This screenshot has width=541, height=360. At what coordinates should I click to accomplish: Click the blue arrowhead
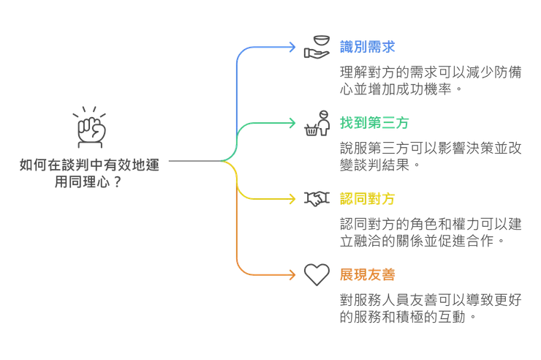pos(293,48)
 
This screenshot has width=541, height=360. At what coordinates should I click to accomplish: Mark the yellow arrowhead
pos(293,198)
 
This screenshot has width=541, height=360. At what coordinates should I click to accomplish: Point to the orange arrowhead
pos(293,274)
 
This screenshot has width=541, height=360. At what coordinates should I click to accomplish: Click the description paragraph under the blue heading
pos(431,80)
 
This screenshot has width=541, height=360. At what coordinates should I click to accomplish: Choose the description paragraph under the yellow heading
pos(431,231)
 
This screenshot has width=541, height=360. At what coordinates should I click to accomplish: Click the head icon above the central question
pos(91,126)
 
